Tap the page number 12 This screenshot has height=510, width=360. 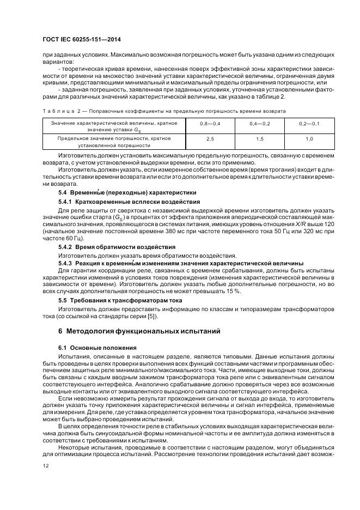tap(45, 466)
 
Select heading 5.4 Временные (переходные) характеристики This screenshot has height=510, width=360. tap(127, 193)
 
